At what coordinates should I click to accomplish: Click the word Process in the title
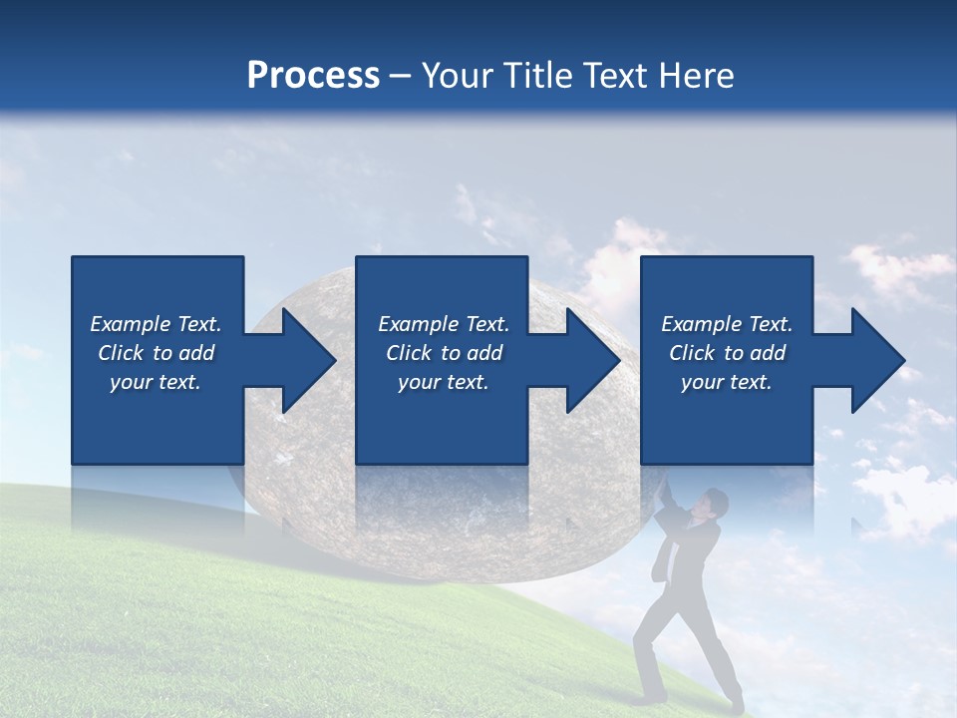[x=313, y=75]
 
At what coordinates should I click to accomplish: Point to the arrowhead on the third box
[x=876, y=360]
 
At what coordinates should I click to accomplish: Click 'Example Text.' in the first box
[x=156, y=324]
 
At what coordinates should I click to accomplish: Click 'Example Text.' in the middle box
[x=444, y=324]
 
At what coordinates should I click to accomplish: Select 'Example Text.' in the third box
[x=727, y=324]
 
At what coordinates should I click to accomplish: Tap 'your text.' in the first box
[x=156, y=382]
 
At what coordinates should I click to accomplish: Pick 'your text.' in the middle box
[x=444, y=382]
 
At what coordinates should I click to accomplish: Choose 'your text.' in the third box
[x=727, y=382]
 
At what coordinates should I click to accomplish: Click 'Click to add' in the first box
[x=156, y=353]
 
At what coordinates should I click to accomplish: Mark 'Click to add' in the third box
[x=727, y=353]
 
